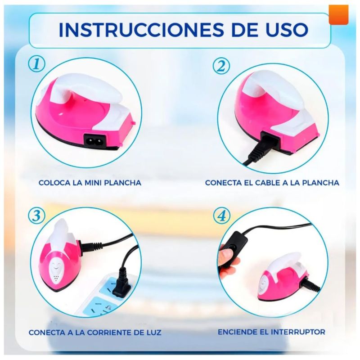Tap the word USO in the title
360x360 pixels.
[287, 30]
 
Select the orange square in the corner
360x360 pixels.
[338, 14]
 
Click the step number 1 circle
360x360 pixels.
[37, 64]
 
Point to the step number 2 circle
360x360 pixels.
[221, 66]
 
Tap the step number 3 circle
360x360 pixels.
[37, 216]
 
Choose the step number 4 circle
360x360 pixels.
[221, 216]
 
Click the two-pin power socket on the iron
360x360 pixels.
[95, 140]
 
